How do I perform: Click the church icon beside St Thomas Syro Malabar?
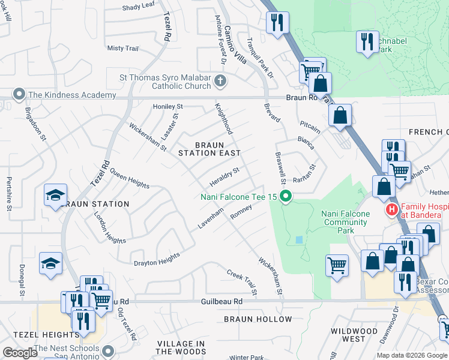pyautogui.click(x=220, y=81)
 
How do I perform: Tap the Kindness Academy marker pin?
pyautogui.click(x=19, y=95)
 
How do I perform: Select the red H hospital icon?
pyautogui.click(x=391, y=210)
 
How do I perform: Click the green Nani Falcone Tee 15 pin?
pyautogui.click(x=286, y=196)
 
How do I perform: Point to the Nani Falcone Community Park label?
pyautogui.click(x=344, y=221)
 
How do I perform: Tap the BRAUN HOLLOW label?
pyautogui.click(x=258, y=319)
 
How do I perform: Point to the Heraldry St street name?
pyautogui.click(x=224, y=176)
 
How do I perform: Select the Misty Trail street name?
pyautogui.click(x=122, y=48)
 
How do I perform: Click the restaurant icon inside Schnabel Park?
pyautogui.click(x=366, y=41)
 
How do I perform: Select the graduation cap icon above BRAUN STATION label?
pyautogui.click(x=55, y=195)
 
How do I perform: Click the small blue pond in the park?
pyautogui.click(x=299, y=240)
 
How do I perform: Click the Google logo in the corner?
pyautogui.click(x=21, y=353)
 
